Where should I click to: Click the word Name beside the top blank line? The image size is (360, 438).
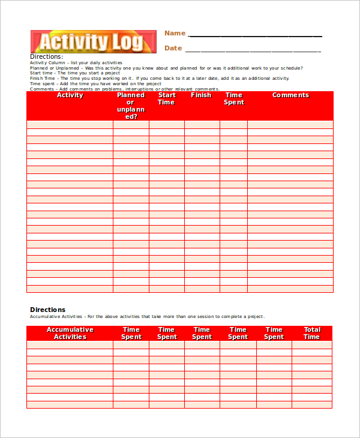click(x=175, y=34)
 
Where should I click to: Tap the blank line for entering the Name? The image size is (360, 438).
click(x=255, y=35)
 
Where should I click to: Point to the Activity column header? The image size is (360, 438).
click(x=70, y=95)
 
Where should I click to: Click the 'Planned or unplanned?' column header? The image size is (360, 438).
click(x=131, y=106)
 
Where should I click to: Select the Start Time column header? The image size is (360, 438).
click(x=166, y=99)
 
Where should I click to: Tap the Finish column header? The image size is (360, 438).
click(x=201, y=95)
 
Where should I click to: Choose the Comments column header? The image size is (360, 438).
click(x=290, y=95)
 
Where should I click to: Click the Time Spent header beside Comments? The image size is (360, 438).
click(x=233, y=99)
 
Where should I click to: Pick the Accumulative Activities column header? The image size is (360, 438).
click(x=70, y=333)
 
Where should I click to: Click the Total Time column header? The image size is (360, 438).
click(x=311, y=333)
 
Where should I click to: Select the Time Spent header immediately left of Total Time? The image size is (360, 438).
click(x=274, y=333)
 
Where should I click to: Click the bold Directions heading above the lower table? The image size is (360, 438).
click(x=47, y=310)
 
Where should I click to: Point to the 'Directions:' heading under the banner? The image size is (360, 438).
click(x=46, y=57)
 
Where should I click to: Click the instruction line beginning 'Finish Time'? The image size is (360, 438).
click(x=159, y=78)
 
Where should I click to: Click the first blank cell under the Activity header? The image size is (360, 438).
click(x=70, y=124)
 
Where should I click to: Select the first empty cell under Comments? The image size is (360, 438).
click(x=290, y=124)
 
